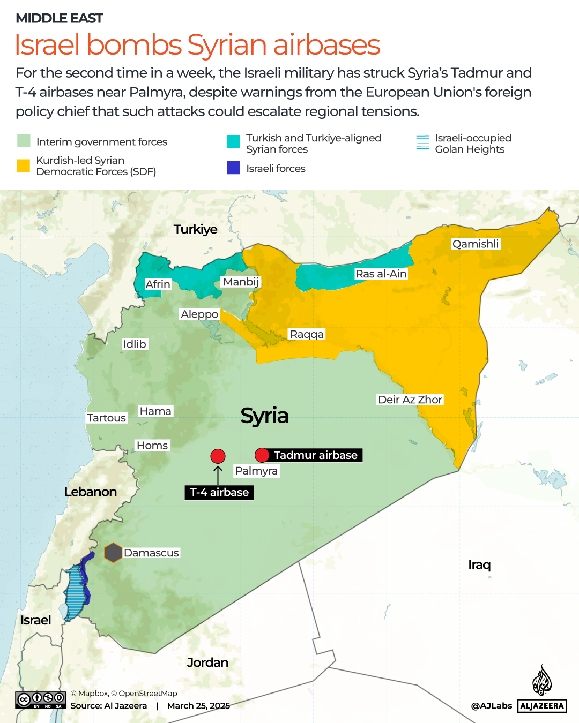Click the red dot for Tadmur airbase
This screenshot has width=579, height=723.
click(x=262, y=455)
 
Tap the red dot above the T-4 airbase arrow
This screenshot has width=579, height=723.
click(x=218, y=456)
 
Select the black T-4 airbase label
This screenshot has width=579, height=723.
click(x=219, y=492)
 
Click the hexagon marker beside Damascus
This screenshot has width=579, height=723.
click(x=113, y=553)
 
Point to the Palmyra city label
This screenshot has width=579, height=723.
click(x=256, y=471)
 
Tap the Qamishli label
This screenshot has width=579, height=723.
click(x=476, y=244)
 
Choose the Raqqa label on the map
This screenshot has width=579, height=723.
click(x=307, y=334)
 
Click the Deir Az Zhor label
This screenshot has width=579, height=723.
click(x=410, y=400)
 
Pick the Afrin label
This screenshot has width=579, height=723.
click(x=158, y=284)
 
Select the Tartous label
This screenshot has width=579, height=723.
click(x=107, y=418)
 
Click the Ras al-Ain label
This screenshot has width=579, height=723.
click(x=381, y=274)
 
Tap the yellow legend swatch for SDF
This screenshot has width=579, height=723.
click(x=24, y=166)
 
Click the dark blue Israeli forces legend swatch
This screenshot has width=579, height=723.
click(x=234, y=168)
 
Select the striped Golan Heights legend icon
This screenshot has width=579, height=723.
click(x=423, y=142)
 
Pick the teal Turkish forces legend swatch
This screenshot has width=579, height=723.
click(x=234, y=141)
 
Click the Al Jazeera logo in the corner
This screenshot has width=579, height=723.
click(x=542, y=691)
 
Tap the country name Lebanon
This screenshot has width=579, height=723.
click(x=91, y=492)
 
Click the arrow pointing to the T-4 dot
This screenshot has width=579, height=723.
click(x=218, y=475)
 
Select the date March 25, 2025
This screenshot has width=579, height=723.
click(x=198, y=706)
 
